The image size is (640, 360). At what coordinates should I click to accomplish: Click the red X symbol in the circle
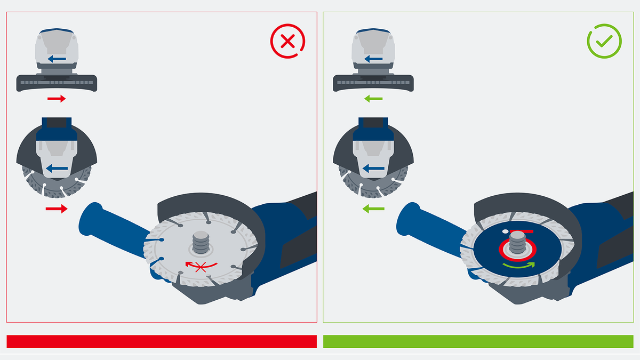[287, 41]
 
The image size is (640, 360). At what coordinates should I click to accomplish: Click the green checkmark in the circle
[604, 41]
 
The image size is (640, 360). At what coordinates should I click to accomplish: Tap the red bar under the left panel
[162, 341]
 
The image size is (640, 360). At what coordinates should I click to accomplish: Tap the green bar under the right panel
[478, 341]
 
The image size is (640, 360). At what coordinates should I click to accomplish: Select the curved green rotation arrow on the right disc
[517, 265]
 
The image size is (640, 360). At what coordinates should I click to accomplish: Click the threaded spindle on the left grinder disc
[199, 245]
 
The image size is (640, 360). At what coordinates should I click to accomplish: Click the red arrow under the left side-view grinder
[56, 99]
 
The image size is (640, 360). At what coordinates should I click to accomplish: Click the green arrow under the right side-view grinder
[373, 99]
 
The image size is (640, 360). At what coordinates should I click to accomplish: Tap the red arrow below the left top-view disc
[57, 209]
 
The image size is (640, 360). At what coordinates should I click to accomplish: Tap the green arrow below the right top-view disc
[373, 209]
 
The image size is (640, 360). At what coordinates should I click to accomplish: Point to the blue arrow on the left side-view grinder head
[57, 58]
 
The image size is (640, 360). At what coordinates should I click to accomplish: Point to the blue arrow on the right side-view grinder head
[373, 58]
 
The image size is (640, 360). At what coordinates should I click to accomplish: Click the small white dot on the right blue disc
[505, 231]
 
